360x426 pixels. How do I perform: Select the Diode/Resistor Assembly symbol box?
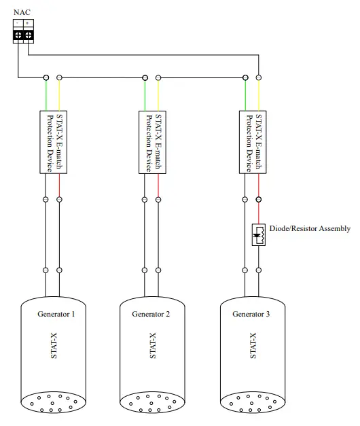coord(259,234)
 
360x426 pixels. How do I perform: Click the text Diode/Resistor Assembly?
coord(310,228)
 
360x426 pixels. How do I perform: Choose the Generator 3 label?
coord(251,314)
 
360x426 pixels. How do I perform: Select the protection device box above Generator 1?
coord(52,143)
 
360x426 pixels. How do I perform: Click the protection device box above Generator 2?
coord(151,143)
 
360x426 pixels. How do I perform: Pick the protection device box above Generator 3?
coord(251,143)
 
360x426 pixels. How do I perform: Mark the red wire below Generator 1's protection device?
coord(59,185)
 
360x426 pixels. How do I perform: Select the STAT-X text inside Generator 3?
coord(253,346)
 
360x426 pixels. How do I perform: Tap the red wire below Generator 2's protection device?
coord(158,185)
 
